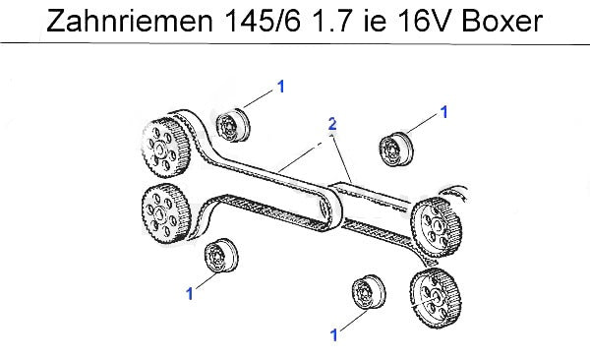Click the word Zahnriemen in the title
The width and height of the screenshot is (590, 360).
click(x=130, y=21)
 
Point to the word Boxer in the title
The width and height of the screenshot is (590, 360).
click(x=501, y=21)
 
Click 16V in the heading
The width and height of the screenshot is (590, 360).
click(x=424, y=21)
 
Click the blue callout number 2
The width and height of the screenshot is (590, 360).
click(x=332, y=124)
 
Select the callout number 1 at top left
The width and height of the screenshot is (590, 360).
click(x=280, y=87)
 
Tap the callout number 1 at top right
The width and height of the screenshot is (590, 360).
click(x=444, y=112)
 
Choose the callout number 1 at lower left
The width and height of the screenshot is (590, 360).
click(x=190, y=294)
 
